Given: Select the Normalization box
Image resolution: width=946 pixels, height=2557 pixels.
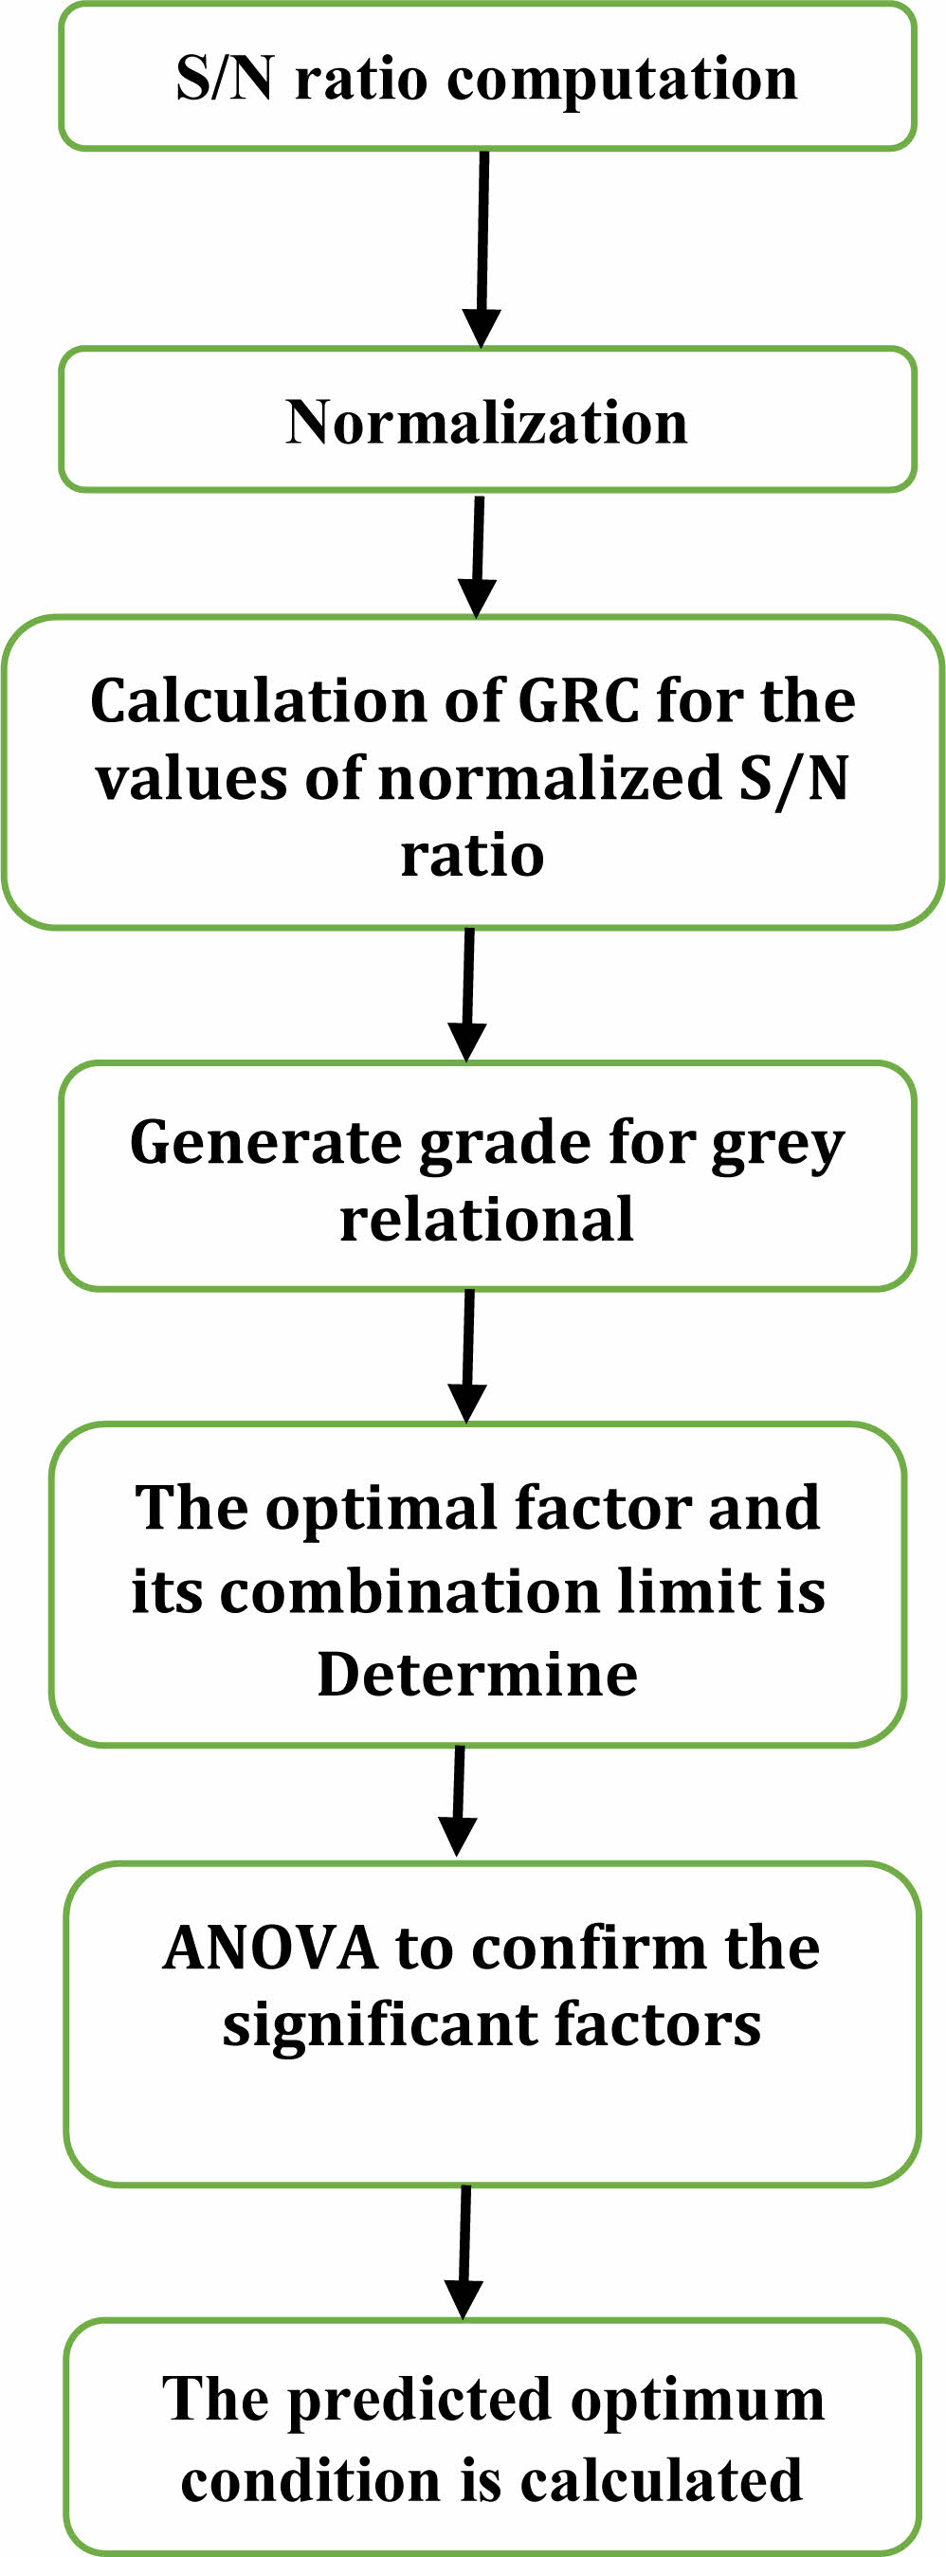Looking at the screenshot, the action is coord(486,419).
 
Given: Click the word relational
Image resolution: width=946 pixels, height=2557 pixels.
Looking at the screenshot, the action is coord(486,1220).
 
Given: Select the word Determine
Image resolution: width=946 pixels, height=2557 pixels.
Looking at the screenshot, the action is coord(478,1676).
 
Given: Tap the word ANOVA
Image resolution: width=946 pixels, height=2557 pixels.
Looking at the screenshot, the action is coord(270,1948).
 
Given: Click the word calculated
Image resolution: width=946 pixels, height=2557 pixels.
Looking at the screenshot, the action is coord(661,2480).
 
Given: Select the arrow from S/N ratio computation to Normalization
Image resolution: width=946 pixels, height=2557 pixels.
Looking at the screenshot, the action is coord(482,249).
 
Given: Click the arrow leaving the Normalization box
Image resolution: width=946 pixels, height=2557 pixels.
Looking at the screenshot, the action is coord(478,557).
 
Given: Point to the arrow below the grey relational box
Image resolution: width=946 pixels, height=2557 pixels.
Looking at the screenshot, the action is coord(467,1356).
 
